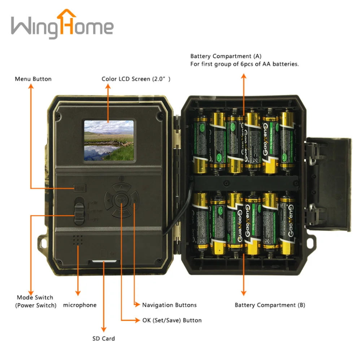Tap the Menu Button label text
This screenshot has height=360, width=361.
coord(33,79)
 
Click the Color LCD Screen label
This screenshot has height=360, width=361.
coord(136,79)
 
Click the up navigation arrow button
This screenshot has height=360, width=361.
coord(121,187)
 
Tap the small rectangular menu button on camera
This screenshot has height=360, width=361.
coord(79,188)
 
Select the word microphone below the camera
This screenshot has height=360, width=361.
coord(80,305)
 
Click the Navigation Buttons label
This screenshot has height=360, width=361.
coord(169,305)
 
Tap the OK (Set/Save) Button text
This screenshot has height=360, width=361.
coord(172,320)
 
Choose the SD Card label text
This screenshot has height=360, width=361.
coord(104,339)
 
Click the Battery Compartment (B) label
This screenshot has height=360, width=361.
coord(270,305)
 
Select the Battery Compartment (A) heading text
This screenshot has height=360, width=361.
coord(226,56)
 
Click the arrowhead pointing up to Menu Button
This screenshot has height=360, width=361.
coord(31,86)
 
